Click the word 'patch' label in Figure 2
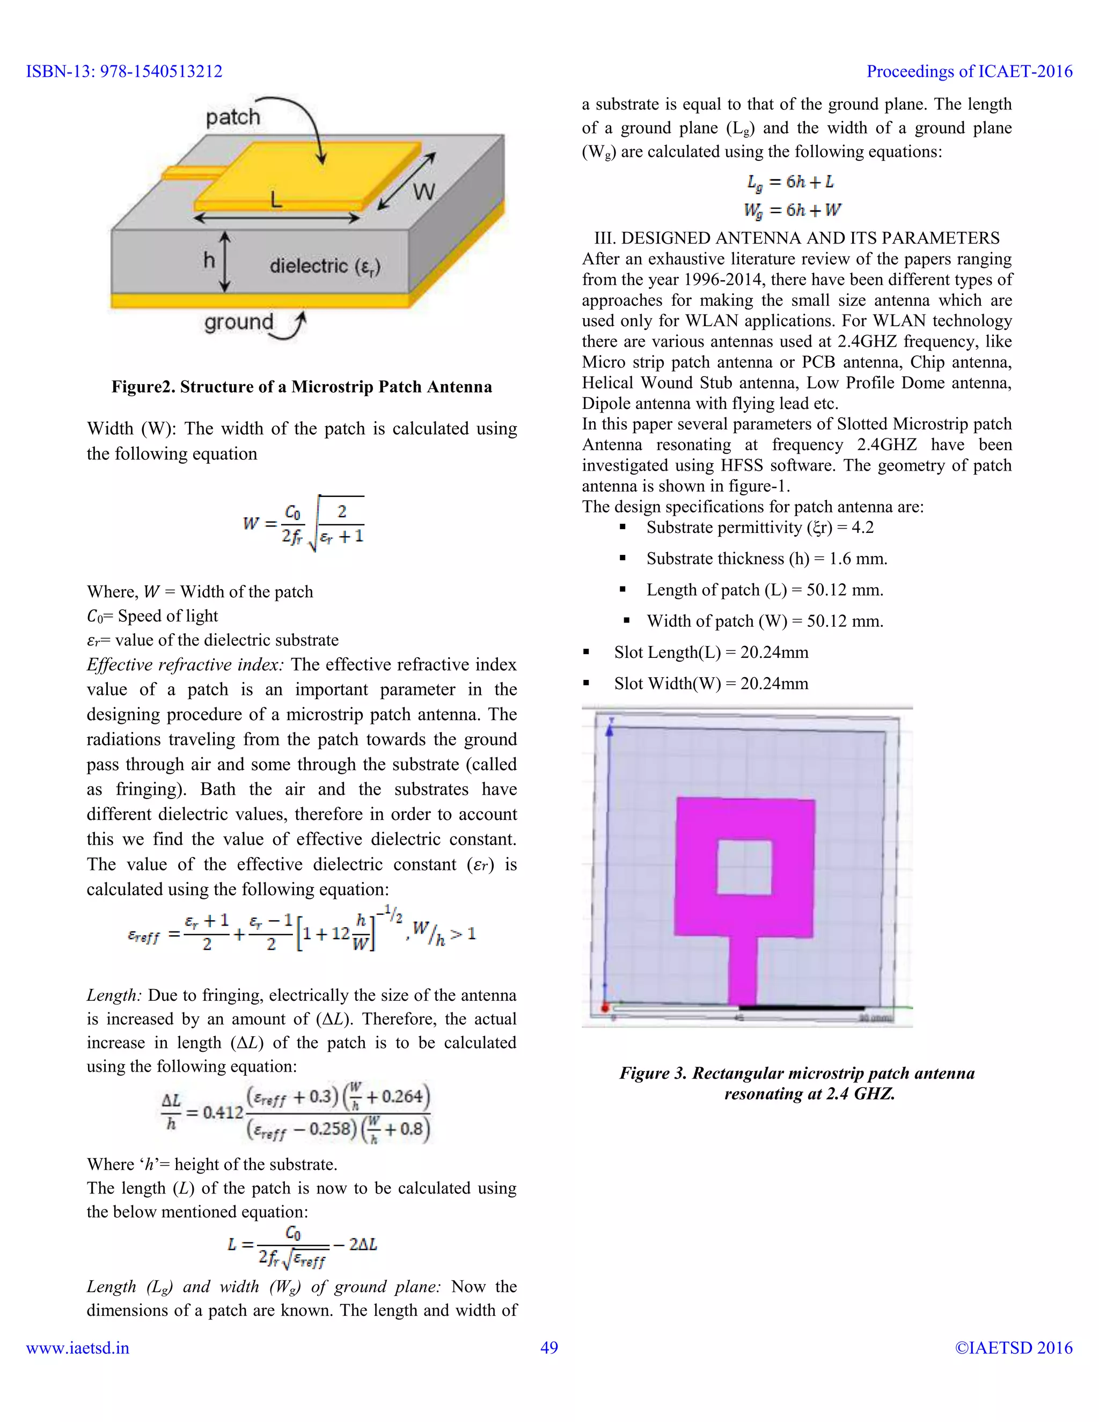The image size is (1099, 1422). pos(232,117)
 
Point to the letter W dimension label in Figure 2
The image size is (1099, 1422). pos(424,192)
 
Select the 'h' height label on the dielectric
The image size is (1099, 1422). pos(208,260)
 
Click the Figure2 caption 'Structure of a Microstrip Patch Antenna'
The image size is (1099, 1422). pos(302,387)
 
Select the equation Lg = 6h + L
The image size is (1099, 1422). pos(790,182)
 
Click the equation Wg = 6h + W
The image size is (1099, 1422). pos(792,210)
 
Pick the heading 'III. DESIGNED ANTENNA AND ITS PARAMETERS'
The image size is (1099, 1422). pos(796,238)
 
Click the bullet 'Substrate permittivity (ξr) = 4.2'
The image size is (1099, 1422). pos(759,527)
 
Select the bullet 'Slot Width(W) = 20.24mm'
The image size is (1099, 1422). pos(710,684)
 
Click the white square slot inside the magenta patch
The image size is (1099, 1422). pos(744,867)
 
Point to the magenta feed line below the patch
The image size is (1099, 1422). pos(742,970)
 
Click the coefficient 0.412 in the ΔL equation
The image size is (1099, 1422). pos(223,1112)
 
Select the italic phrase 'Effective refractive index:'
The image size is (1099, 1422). pos(185,665)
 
